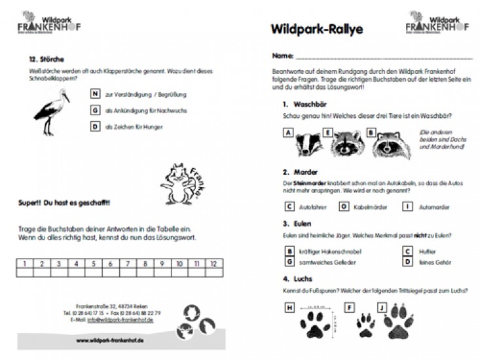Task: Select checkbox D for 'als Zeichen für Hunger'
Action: [x=96, y=126]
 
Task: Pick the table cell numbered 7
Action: [x=109, y=264]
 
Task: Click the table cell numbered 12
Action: [x=213, y=264]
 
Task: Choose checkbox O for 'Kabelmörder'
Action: [x=342, y=207]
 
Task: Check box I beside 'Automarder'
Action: [x=407, y=207]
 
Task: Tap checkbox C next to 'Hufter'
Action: [x=407, y=251]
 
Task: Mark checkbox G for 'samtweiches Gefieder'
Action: [x=289, y=262]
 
